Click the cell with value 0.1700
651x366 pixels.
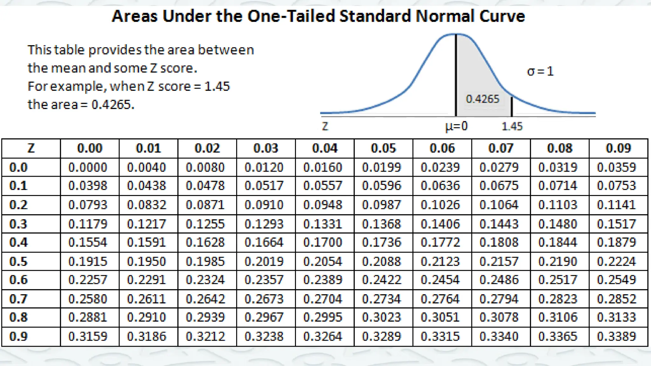click(323, 242)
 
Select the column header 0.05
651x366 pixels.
click(383, 148)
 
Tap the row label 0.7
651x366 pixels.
click(18, 299)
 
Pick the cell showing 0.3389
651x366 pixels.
click(616, 336)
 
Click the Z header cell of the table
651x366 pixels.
click(31, 148)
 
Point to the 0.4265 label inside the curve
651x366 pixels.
click(483, 99)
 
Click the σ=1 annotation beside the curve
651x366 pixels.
click(540, 71)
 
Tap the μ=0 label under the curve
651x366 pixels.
click(456, 126)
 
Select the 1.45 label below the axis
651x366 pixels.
click(512, 126)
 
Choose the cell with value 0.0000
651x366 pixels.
click(88, 167)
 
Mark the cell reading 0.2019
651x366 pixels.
click(264, 261)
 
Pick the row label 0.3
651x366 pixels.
click(18, 224)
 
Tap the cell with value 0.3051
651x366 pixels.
click(440, 317)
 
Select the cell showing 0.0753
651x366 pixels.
click(616, 186)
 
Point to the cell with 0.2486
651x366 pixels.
click(499, 280)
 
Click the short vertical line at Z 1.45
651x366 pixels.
click(512, 107)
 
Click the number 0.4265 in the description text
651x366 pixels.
click(113, 105)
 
